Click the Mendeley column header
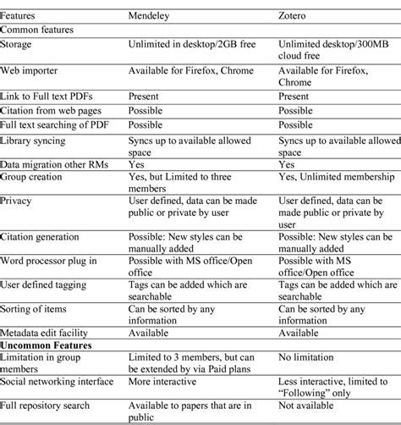[149, 14]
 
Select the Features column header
[21, 14]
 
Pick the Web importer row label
[30, 69]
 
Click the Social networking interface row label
[58, 380]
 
